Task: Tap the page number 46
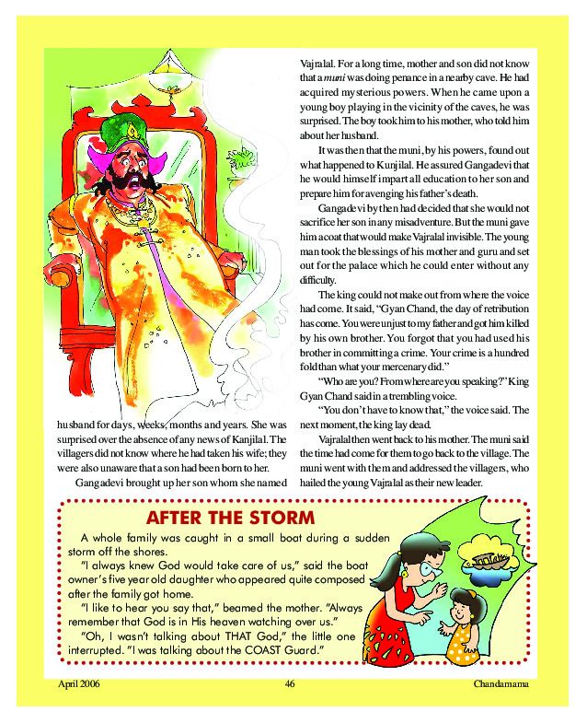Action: pyautogui.click(x=290, y=684)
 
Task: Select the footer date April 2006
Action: pyautogui.click(x=79, y=684)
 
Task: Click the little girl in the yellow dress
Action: pyautogui.click(x=462, y=626)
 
